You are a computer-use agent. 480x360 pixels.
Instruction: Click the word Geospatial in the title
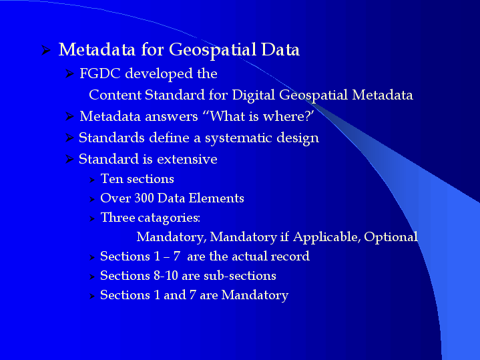click(x=213, y=50)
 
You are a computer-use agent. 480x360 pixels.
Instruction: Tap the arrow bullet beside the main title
click(x=46, y=50)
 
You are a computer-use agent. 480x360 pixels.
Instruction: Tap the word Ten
click(x=111, y=179)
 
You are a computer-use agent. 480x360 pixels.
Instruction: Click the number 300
click(x=144, y=198)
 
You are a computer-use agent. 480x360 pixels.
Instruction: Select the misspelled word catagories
click(x=169, y=218)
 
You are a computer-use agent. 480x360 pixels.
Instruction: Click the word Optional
click(x=391, y=237)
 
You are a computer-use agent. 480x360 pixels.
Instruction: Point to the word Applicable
click(x=327, y=237)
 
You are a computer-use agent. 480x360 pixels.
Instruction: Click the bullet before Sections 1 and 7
click(x=92, y=296)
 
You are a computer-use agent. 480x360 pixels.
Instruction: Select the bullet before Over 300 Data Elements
click(x=92, y=199)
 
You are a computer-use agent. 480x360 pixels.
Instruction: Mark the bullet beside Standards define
click(x=69, y=138)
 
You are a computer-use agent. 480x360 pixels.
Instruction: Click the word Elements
click(x=216, y=198)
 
